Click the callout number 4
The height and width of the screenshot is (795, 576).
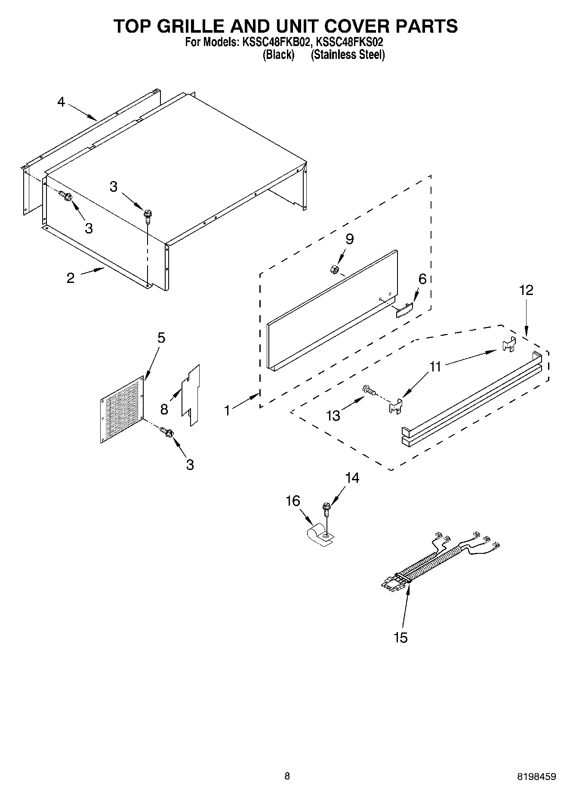coord(61,102)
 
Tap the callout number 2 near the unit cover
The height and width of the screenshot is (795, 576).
coord(71,278)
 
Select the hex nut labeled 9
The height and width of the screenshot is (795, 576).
coord(333,270)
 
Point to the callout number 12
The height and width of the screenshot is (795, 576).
coord(526,290)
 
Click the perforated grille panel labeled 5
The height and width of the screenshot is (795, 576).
coord(122,410)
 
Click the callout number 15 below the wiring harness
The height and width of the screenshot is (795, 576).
coord(400,637)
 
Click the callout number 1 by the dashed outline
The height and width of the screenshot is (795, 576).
coord(227,411)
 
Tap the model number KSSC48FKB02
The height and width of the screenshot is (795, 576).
coord(275,42)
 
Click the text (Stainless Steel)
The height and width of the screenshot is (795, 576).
coord(348,55)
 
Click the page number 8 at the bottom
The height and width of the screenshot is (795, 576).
coord(287,776)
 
